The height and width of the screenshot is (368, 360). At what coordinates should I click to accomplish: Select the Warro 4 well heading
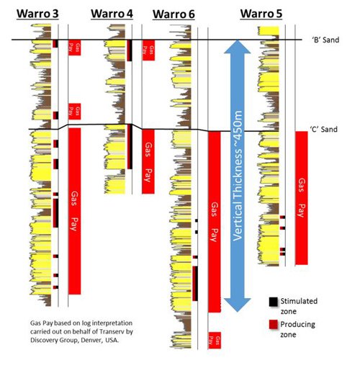(112, 14)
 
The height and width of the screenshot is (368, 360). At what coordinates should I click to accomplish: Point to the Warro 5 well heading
(261, 14)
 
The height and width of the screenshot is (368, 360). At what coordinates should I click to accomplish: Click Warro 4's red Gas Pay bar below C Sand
(148, 161)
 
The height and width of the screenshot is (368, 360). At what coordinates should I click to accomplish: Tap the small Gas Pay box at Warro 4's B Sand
(148, 50)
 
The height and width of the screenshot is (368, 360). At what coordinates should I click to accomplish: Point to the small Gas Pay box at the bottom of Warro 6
(214, 340)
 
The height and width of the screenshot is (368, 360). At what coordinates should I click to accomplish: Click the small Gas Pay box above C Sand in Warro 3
(73, 111)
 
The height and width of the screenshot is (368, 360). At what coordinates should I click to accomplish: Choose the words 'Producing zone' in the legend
(300, 328)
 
